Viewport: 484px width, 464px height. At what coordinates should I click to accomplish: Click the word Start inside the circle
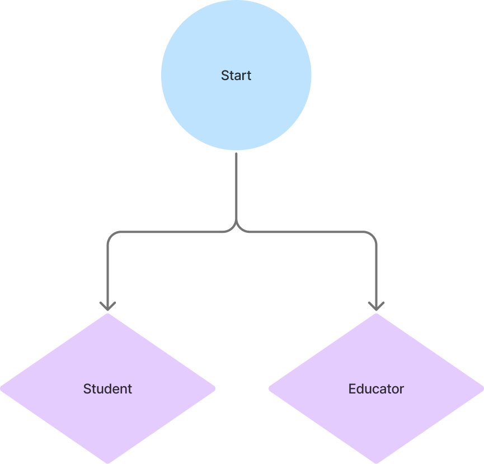point(236,76)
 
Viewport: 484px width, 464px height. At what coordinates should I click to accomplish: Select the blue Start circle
point(236,106)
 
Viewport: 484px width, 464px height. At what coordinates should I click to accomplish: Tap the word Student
point(107,389)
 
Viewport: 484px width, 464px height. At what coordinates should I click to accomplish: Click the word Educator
point(376,389)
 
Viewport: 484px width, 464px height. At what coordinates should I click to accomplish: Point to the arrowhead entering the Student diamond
point(107,306)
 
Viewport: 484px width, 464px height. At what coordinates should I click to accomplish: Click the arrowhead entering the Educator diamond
point(376,306)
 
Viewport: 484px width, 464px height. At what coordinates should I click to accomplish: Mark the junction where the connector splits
point(237,228)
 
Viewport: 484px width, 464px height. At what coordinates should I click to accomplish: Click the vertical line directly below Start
point(237,185)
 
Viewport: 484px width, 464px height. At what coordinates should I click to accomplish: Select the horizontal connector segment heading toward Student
point(168,231)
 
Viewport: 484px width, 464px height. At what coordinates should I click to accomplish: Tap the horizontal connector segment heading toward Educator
point(308,231)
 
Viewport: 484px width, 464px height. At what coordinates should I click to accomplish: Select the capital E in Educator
point(352,389)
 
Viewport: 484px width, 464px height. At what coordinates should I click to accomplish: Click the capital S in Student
point(87,389)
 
